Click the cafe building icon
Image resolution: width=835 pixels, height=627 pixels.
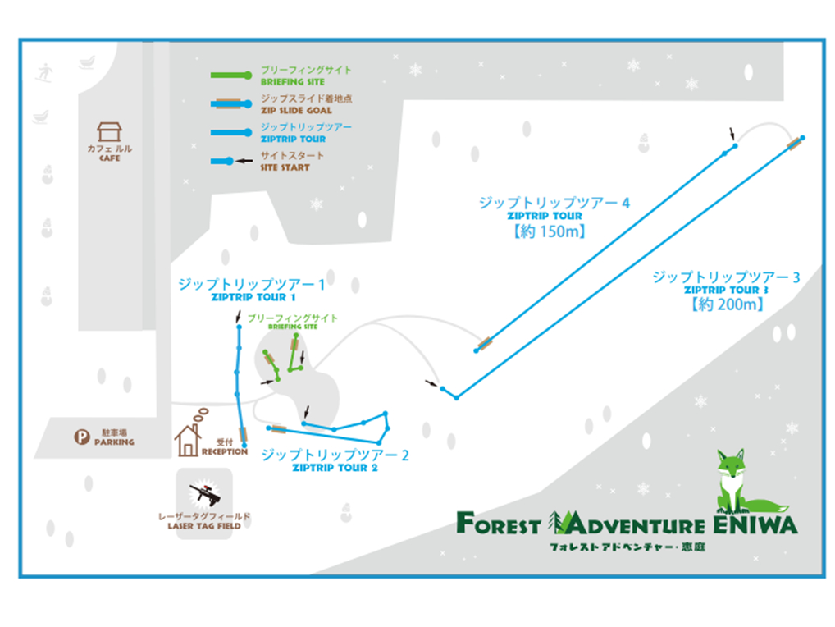click(109, 131)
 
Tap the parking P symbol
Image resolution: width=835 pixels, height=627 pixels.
click(81, 437)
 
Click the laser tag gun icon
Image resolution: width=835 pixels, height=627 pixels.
click(205, 493)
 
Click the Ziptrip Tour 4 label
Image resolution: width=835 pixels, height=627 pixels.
click(554, 208)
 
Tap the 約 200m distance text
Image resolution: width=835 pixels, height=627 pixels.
click(728, 304)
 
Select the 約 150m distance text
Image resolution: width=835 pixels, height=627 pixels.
click(550, 231)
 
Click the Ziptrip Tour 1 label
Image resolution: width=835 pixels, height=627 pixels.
click(251, 290)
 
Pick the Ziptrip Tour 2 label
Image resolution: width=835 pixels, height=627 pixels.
click(335, 460)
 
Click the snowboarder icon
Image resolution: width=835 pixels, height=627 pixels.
click(44, 72)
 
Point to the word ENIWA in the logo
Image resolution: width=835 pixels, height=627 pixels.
click(755, 524)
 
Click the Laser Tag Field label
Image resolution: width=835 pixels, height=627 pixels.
click(204, 521)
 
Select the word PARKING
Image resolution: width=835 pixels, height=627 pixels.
click(114, 442)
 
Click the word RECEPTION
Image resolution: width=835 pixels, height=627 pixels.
click(224, 451)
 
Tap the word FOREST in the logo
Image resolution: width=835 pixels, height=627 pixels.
click(499, 523)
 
